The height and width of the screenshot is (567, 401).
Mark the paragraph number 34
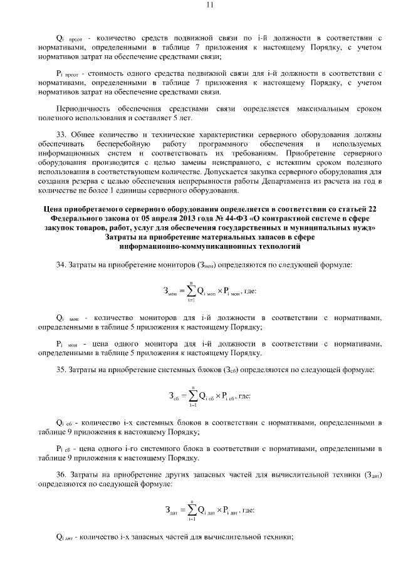[61, 266]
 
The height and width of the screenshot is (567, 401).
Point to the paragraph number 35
[61, 370]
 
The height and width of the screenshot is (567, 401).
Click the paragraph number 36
[61, 474]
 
